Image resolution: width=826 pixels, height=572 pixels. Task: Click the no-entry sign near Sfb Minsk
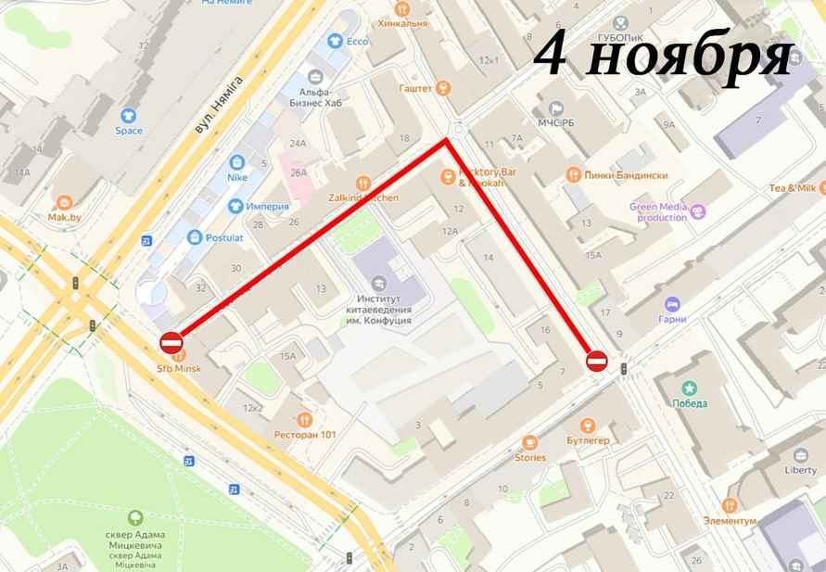(x=172, y=343)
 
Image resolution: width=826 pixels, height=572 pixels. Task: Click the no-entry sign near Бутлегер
(x=597, y=361)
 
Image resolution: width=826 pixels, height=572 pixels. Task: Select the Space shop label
(x=129, y=131)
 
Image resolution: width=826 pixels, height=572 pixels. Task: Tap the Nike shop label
(x=236, y=175)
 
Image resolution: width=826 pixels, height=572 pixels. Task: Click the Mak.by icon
(x=65, y=202)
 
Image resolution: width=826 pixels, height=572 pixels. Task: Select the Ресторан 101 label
(x=304, y=434)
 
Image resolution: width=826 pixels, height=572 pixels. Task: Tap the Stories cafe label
(x=530, y=457)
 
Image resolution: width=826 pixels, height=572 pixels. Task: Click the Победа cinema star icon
(x=689, y=387)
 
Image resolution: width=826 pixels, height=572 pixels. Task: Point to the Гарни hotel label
(x=674, y=319)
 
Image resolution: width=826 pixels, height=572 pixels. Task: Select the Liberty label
(x=800, y=469)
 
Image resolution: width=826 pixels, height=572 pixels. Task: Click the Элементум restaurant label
(x=730, y=520)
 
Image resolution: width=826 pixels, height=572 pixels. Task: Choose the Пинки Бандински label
(x=617, y=174)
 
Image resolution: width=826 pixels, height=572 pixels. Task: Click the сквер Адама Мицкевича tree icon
(x=135, y=517)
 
